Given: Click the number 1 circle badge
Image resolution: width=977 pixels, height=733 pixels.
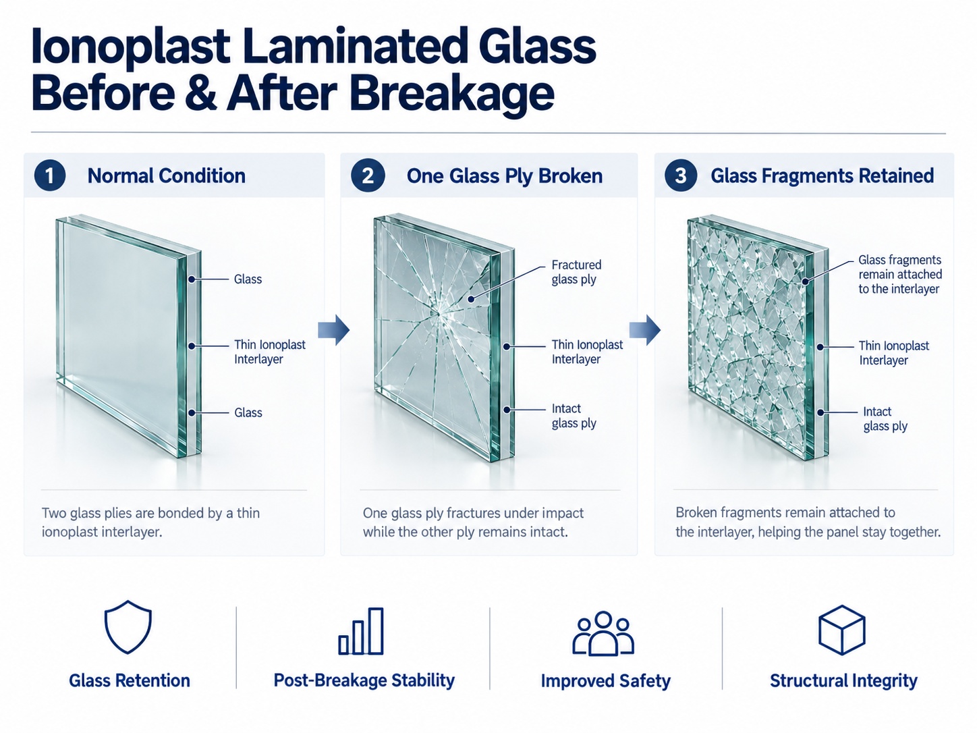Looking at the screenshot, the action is (x=50, y=175).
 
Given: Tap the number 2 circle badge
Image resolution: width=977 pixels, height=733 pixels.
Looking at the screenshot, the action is (x=367, y=175).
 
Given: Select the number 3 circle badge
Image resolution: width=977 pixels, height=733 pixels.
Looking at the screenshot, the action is (x=681, y=175).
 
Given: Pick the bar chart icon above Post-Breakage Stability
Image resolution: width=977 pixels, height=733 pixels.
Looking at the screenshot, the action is (x=361, y=631).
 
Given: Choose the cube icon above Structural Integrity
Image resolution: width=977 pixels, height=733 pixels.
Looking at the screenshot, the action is (x=841, y=630).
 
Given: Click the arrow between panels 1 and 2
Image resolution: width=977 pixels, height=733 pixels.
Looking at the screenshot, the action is (x=334, y=330).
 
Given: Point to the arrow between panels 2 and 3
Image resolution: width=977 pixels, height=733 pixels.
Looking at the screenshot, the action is (x=645, y=330).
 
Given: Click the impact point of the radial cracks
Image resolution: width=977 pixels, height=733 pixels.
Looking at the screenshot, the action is (x=438, y=313).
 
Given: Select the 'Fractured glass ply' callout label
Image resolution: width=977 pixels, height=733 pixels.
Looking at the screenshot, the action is (x=576, y=272).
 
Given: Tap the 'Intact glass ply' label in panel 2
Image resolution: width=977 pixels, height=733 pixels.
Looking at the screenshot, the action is (x=574, y=416).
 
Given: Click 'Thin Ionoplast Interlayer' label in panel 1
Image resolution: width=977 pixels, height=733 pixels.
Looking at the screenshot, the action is (x=270, y=352).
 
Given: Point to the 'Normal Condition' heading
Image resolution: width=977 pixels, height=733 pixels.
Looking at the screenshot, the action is (x=167, y=175).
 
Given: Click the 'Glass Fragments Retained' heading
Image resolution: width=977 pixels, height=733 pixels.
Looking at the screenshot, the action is (x=822, y=175).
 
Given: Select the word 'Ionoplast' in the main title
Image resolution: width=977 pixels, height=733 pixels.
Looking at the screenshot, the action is (x=130, y=47).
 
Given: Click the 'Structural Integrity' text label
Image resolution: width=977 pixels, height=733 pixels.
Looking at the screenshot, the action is (x=844, y=680).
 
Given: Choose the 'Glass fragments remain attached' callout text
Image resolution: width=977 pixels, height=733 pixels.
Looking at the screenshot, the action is (x=900, y=274).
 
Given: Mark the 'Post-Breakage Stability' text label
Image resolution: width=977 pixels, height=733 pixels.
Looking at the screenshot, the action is (x=364, y=680).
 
